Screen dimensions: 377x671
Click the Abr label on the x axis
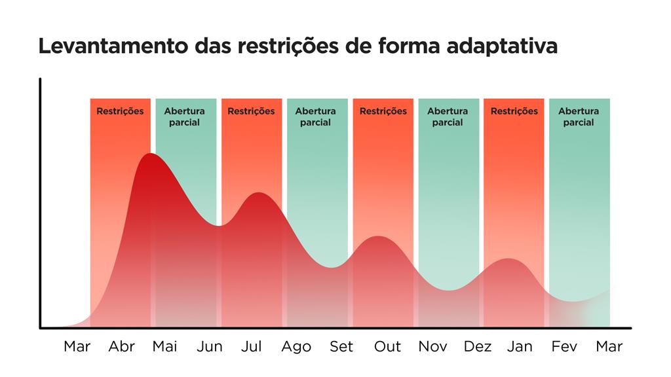[x=122, y=346]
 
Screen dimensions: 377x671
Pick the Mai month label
[x=164, y=346]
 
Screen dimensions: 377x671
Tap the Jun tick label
[x=210, y=346]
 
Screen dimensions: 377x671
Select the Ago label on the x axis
[x=296, y=346]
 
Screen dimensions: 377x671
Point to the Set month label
[x=341, y=346]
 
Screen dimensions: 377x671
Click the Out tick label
[x=387, y=346]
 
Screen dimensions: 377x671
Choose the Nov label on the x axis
[x=432, y=346]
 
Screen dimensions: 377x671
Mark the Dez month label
[x=477, y=346]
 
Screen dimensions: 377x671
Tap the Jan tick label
[x=520, y=346]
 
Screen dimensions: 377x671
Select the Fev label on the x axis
[x=564, y=346]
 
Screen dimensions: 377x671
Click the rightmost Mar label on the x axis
[x=609, y=346]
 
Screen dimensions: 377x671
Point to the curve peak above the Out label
[x=378, y=236]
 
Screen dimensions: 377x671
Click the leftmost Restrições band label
[x=120, y=111]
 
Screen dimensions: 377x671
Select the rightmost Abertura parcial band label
[x=579, y=117]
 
